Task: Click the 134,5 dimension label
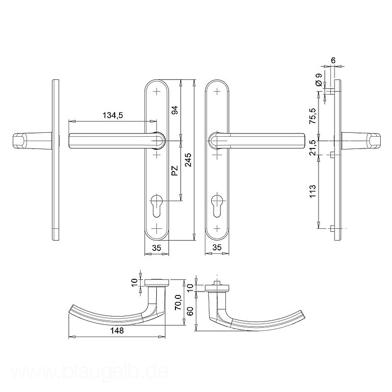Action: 113,116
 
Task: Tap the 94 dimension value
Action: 175,110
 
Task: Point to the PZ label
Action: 175,171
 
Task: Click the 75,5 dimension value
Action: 313,116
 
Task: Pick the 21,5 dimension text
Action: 313,148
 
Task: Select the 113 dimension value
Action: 313,191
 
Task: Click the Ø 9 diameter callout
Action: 319,80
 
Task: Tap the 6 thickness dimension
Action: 333,60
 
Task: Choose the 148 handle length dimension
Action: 117,330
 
